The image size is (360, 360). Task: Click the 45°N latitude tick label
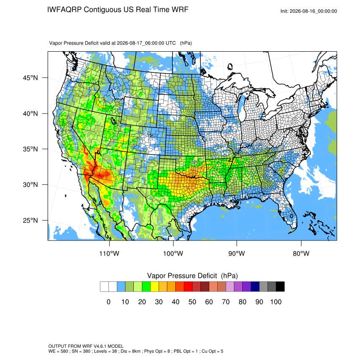pyautogui.click(x=30, y=78)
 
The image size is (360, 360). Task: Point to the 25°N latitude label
pyautogui.click(x=30, y=220)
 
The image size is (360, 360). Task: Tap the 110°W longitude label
pyautogui.click(x=109, y=253)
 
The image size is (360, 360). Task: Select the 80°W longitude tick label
pyautogui.click(x=301, y=253)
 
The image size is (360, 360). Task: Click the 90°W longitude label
pyautogui.click(x=236, y=253)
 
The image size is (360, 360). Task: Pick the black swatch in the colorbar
pyautogui.click(x=280, y=287)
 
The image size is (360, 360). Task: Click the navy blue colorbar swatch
pyautogui.click(x=255, y=287)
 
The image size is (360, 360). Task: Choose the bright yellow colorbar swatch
pyautogui.click(x=155, y=287)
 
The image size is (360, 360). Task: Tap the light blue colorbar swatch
pyautogui.click(x=121, y=287)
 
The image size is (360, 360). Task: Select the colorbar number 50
pyautogui.click(x=192, y=302)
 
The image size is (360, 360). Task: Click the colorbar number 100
pyautogui.click(x=276, y=302)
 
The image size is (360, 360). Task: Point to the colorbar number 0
pyautogui.click(x=108, y=302)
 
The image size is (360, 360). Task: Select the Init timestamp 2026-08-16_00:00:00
pyautogui.click(x=313, y=11)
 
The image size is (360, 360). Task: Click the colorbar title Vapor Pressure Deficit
pyautogui.click(x=182, y=276)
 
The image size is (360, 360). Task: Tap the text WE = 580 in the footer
pyautogui.click(x=58, y=351)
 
